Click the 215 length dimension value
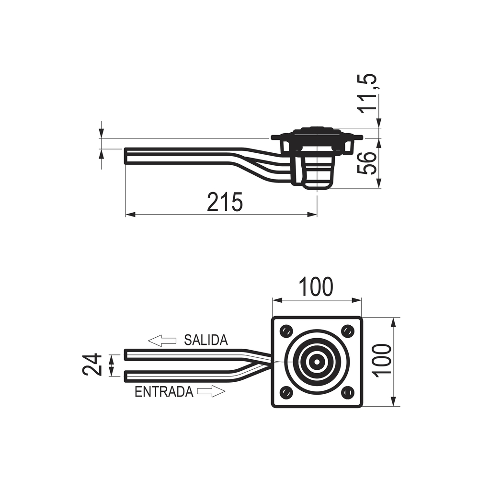point(225,202)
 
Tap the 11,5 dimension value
point(368,94)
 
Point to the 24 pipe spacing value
point(91,365)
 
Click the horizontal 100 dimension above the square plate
point(316,287)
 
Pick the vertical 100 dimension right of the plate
point(382,361)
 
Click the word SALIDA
point(206,340)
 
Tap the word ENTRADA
point(164,392)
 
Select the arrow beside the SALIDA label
point(162,341)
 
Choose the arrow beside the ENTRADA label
point(211,391)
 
